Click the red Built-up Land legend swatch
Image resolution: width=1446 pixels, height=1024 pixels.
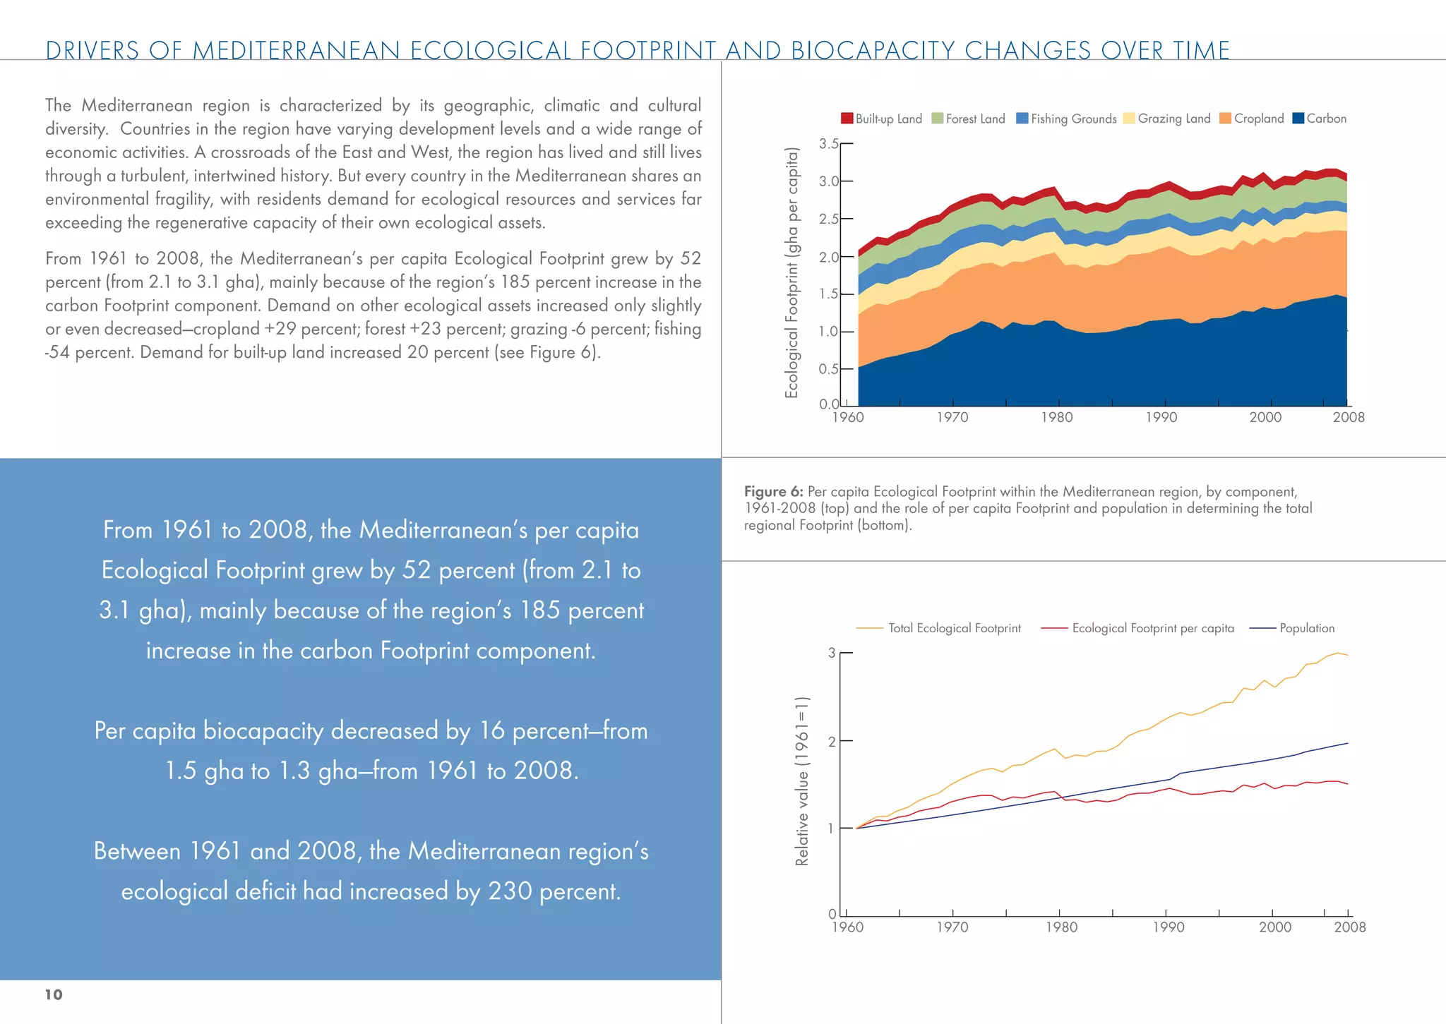tap(847, 119)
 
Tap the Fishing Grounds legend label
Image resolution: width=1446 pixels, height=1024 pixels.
tap(1073, 119)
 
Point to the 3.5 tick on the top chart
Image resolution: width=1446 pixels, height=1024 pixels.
tap(829, 144)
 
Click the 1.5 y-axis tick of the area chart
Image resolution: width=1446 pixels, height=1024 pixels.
tap(829, 294)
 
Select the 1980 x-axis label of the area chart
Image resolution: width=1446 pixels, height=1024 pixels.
tap(1056, 417)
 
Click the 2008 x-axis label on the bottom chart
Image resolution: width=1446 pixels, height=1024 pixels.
tap(1349, 927)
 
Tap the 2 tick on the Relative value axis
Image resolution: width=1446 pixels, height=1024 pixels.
tap(832, 741)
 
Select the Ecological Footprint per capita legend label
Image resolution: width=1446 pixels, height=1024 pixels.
tap(1152, 628)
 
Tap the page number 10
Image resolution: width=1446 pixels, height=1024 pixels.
tap(54, 994)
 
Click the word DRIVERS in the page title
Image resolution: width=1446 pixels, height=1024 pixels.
tap(92, 51)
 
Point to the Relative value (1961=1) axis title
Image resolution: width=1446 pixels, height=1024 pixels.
tap(801, 781)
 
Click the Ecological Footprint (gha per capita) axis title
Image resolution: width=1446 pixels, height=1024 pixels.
tap(791, 272)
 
